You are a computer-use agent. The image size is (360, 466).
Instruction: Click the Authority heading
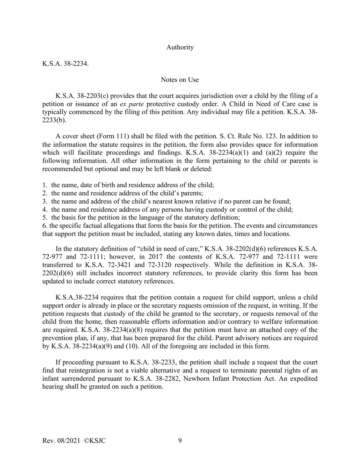tap(180, 47)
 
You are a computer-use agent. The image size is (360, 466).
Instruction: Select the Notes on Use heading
tap(180, 80)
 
